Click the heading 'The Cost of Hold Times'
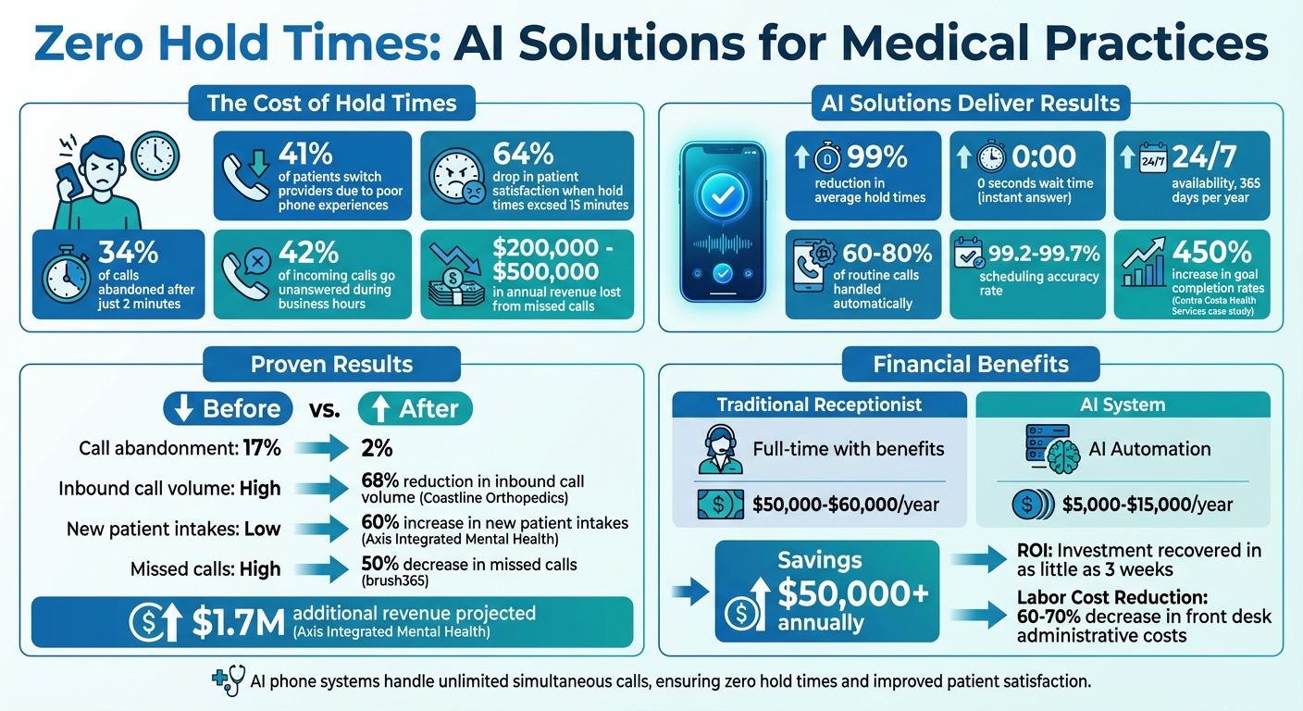pos(332,103)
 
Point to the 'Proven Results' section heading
pos(332,364)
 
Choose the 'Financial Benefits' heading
pos(971,364)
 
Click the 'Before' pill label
pos(228,408)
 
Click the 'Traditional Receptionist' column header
pos(819,405)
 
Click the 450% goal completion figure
pos(1211,251)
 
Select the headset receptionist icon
pos(719,450)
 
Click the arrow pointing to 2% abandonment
pos(322,449)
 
